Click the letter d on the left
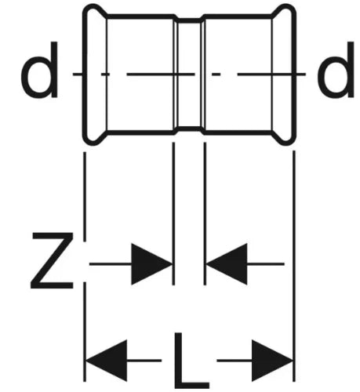39,70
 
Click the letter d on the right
336,70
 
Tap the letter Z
52,260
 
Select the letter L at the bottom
191,361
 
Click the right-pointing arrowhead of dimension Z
151,264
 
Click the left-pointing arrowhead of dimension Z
227,264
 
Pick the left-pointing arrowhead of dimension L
107,361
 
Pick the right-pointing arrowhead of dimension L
272,361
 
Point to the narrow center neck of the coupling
189,74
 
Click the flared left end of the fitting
95,74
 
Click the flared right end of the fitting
284,74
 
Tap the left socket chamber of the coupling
140,74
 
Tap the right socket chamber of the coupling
238,74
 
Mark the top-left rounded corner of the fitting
87,9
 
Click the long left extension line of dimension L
85,267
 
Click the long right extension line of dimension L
294,266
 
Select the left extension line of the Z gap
173,213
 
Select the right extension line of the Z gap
205,213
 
